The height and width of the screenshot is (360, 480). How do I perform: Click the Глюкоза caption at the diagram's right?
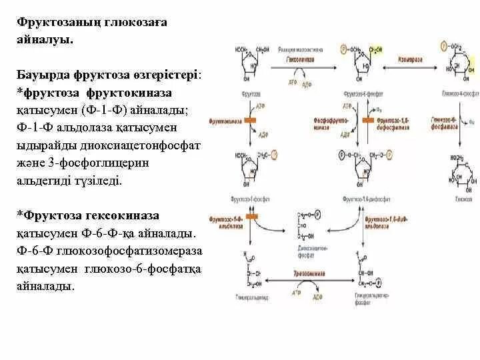click(465, 199)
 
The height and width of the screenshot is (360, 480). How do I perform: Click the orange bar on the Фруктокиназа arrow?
click(251, 121)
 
